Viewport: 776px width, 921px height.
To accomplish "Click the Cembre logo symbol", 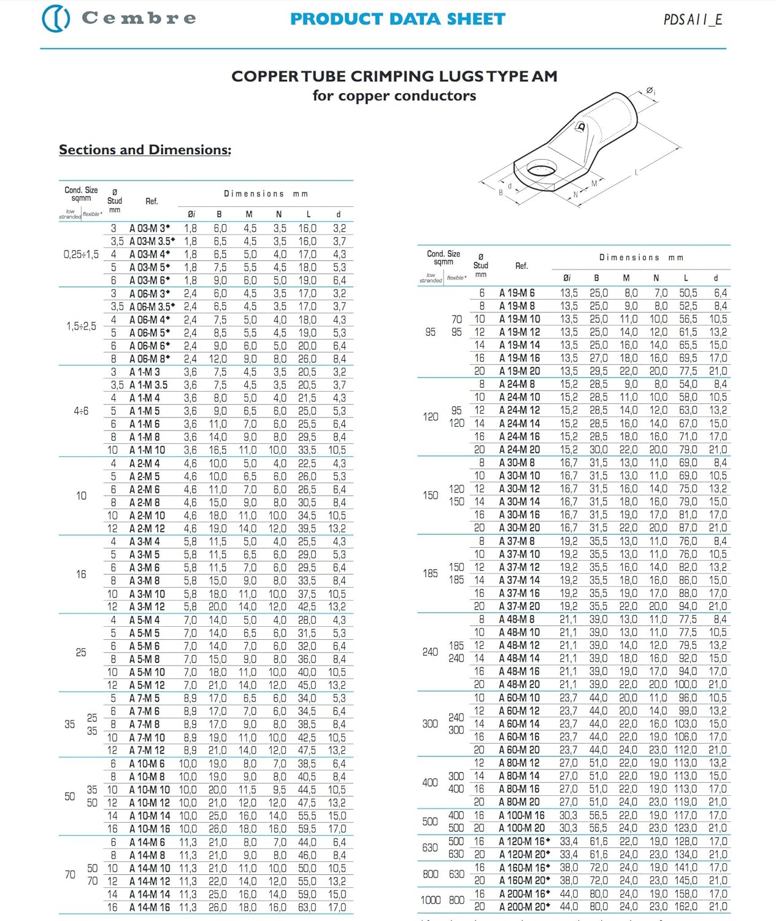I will click(55, 18).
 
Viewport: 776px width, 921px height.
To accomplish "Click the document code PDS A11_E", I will click(693, 20).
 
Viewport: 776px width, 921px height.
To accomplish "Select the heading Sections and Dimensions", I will click(145, 150).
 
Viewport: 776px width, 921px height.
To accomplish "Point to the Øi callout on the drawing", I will click(651, 91).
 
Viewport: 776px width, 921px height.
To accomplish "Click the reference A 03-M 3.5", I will click(152, 241).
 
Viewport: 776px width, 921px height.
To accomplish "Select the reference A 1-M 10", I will click(147, 450).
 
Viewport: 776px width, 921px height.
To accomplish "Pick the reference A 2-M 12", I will click(147, 529).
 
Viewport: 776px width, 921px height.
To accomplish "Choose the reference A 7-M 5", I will click(145, 698).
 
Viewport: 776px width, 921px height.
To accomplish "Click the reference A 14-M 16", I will click(150, 907).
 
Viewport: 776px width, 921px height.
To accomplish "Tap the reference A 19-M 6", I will click(517, 293).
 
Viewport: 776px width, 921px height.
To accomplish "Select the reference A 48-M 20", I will click(520, 685).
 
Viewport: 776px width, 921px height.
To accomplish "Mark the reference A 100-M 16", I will click(522, 815).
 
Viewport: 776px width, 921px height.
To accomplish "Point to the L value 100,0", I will click(685, 685).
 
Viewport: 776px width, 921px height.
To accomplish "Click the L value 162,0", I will click(685, 907).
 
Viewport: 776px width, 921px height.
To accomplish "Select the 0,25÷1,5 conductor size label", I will click(81, 254).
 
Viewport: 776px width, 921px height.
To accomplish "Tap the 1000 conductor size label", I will click(430, 900).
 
